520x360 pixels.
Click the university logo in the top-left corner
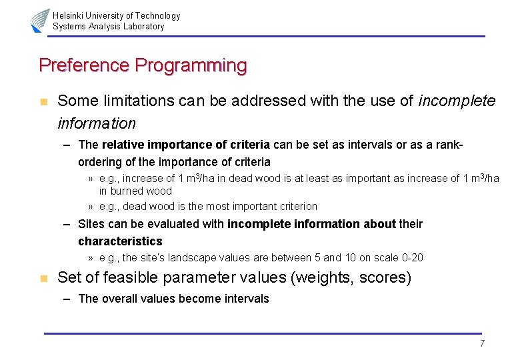pos(39,21)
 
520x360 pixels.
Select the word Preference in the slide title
pos(84,65)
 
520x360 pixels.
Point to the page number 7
pos(482,343)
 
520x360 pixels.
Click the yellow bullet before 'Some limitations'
pos(43,102)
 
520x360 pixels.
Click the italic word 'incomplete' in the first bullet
pos(457,101)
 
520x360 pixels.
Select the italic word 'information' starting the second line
pos(97,123)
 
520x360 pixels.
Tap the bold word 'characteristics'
pos(120,241)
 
